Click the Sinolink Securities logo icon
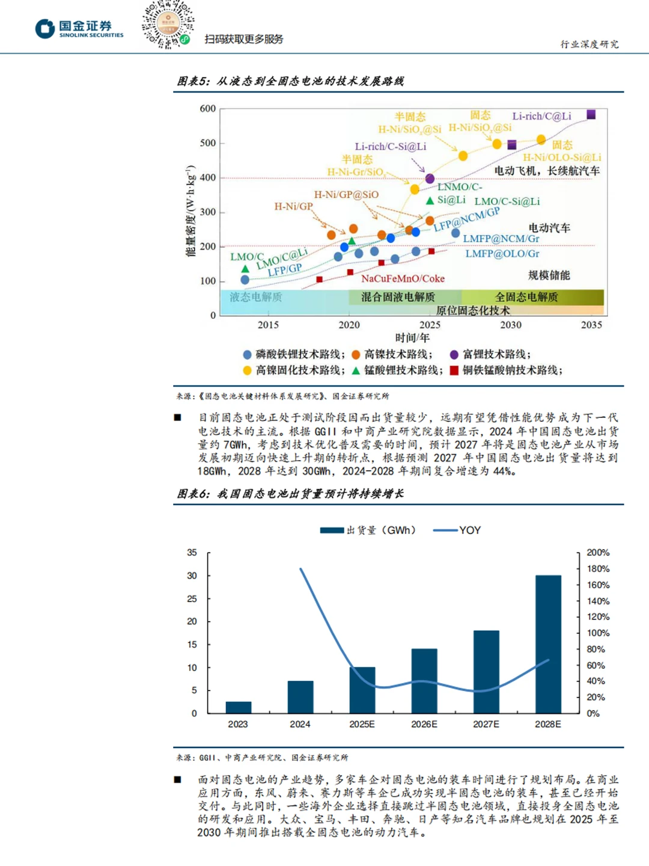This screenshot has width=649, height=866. tap(45, 29)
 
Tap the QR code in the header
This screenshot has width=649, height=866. tap(168, 25)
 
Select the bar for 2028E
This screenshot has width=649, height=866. tap(548, 644)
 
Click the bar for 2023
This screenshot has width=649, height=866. tap(239, 707)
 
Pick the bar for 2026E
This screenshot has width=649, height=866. tap(424, 681)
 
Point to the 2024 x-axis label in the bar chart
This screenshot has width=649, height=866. tap(300, 724)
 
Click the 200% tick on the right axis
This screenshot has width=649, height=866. tap(598, 552)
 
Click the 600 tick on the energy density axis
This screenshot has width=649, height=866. tap(208, 108)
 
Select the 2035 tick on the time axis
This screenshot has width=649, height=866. tap(591, 325)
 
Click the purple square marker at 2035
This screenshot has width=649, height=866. tap(591, 114)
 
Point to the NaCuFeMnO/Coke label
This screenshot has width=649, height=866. tap(403, 278)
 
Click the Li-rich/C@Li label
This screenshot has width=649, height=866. tap(542, 116)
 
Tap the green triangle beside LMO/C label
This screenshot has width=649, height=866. tap(245, 269)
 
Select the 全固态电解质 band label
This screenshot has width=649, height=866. tap(526, 297)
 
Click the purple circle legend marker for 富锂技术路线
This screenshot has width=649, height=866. tap(454, 354)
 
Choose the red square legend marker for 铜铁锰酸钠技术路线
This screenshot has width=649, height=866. tap(454, 370)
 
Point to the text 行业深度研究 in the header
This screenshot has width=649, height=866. tap(590, 44)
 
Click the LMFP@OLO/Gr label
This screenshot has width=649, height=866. tap(502, 253)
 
